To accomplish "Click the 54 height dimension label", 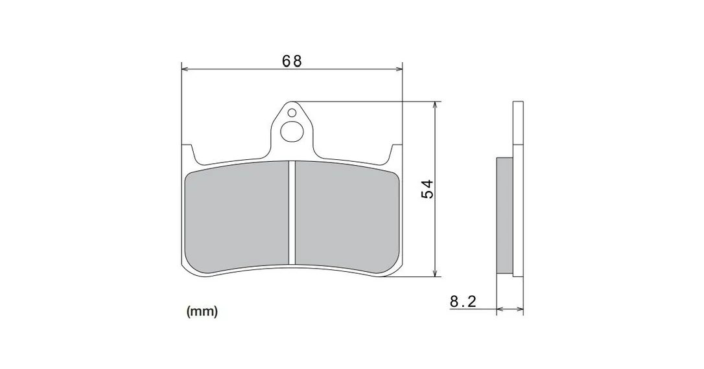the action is [x=427, y=189].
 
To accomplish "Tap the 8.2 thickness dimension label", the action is [x=463, y=301].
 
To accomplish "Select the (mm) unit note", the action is [x=202, y=311].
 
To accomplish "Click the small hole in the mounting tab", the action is [x=292, y=112].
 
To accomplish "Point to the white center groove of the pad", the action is [x=292, y=212].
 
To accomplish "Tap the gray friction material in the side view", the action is [x=504, y=215].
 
